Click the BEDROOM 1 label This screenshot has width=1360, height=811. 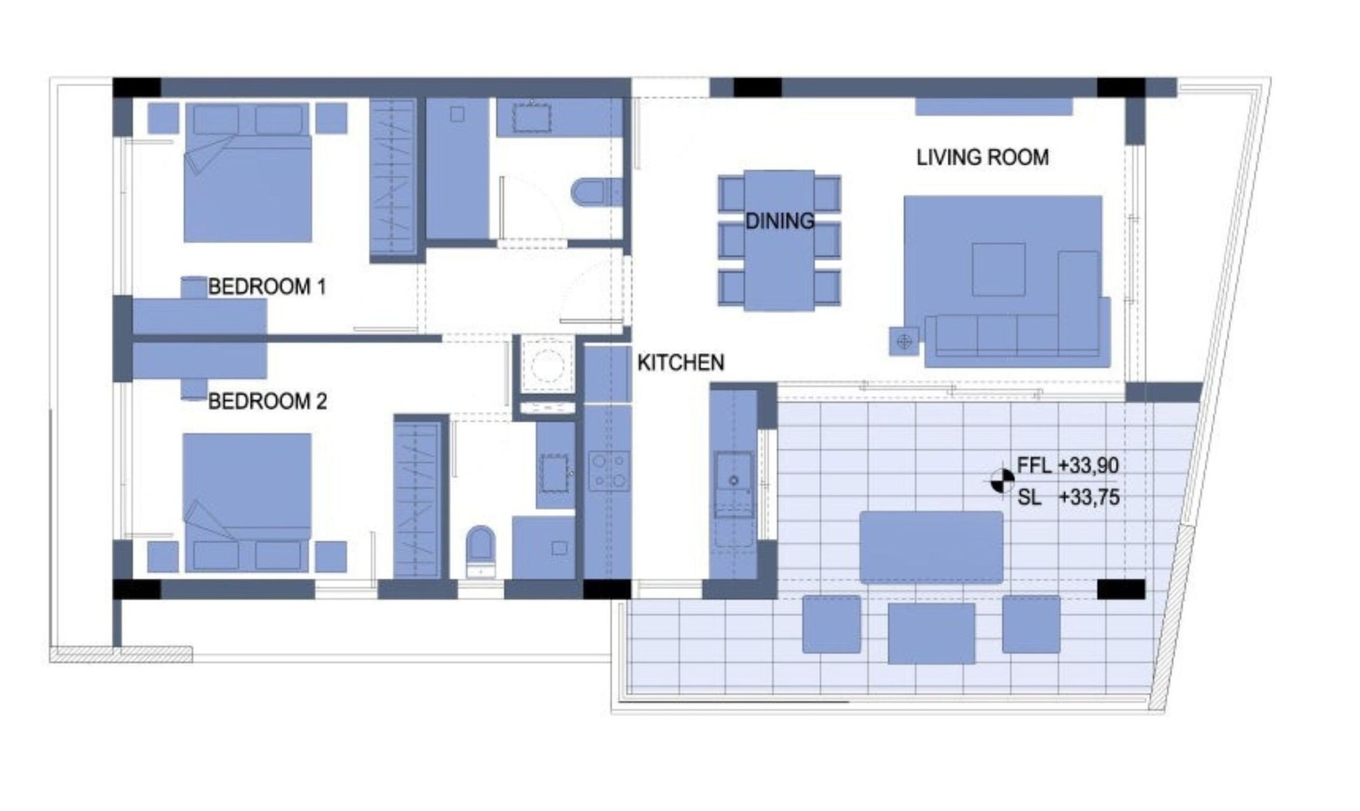(267, 287)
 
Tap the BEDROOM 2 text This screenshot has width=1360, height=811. (267, 402)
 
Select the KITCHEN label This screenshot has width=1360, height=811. (681, 363)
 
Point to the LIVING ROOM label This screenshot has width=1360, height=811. (982, 157)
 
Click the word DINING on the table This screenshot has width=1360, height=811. (780, 221)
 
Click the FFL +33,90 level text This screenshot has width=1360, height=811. (1067, 465)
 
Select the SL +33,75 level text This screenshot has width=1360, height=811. (1068, 497)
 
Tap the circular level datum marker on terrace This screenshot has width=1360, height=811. (1002, 481)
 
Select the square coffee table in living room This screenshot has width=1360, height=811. (999, 269)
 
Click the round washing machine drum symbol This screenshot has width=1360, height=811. (547, 365)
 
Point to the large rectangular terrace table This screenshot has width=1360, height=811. (931, 547)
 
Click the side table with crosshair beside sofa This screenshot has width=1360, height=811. (904, 342)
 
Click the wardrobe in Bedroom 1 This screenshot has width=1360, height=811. (392, 177)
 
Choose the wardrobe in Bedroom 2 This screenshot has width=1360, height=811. (417, 499)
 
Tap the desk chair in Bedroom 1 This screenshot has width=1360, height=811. (193, 288)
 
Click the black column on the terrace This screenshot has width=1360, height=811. (1121, 589)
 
